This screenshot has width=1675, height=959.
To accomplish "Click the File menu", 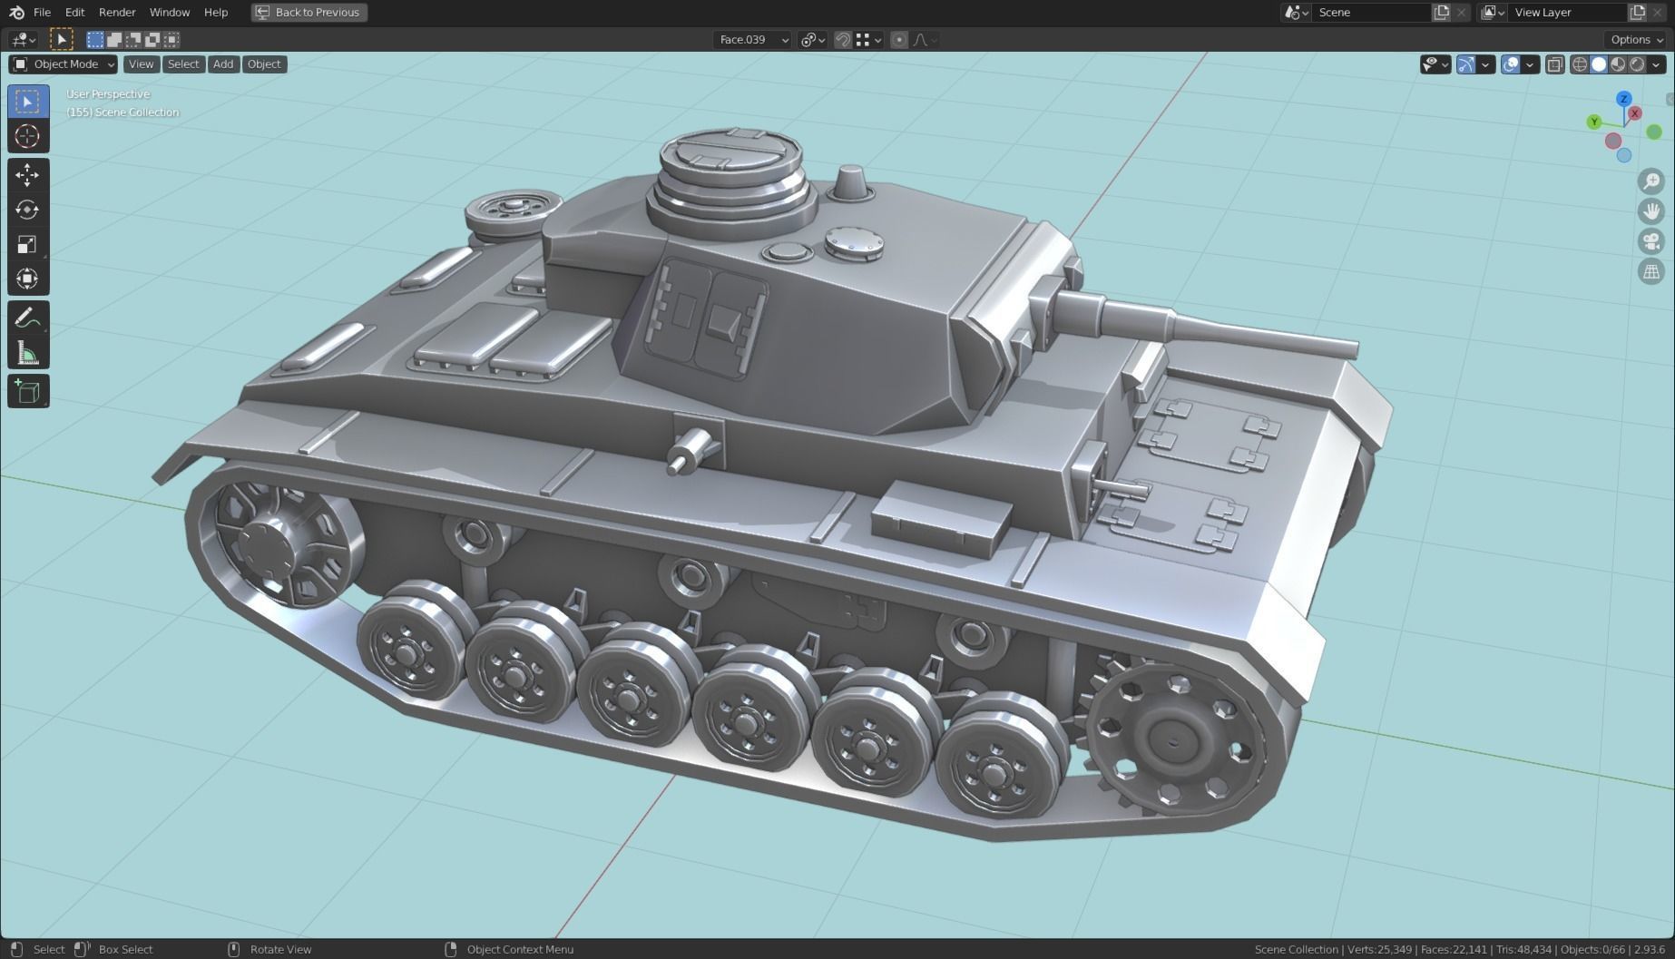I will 42,13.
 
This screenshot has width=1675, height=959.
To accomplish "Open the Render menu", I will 117,13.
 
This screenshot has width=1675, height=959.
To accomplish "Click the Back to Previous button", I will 309,13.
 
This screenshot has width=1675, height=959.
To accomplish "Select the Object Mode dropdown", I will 64,64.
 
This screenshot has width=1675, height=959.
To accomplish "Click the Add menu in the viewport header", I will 223,64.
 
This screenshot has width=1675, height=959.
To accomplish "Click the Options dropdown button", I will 1636,39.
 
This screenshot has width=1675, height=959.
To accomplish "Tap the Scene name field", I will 1370,13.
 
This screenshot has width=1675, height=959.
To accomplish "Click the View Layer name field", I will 1566,13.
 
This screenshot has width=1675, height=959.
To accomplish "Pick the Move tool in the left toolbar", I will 27,174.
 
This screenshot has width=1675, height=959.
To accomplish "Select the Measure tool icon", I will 27,353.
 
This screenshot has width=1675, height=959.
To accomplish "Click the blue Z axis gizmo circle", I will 1624,99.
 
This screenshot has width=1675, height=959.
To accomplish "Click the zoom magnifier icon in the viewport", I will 1651,181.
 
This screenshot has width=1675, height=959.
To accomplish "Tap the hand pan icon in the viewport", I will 1651,211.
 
